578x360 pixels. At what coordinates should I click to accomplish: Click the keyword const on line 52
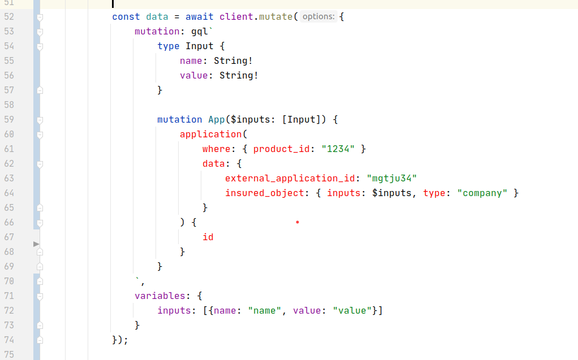point(126,17)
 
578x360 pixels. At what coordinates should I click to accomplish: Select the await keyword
point(200,17)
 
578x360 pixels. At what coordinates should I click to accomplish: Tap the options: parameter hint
point(318,16)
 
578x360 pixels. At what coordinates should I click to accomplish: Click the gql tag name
point(200,32)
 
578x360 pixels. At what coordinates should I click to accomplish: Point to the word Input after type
point(200,46)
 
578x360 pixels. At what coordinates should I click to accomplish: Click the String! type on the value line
point(239,76)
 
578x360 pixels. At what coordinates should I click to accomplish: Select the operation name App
point(217,120)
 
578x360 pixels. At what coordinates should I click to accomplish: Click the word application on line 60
point(211,135)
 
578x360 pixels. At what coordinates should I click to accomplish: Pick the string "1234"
point(338,149)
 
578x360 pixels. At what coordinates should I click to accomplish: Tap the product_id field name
point(281,149)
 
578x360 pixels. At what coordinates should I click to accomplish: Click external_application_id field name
point(290,179)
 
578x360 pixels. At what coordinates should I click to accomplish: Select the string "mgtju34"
point(392,179)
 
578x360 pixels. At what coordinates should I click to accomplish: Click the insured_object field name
point(265,193)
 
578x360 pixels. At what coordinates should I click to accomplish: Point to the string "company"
point(482,193)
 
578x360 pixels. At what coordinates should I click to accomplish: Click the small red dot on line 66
point(297,222)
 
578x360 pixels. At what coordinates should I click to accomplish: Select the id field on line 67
point(208,237)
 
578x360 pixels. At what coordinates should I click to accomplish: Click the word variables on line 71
point(160,296)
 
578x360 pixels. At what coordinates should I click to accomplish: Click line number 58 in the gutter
point(9,105)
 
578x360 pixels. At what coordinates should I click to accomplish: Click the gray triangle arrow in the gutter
point(36,244)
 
